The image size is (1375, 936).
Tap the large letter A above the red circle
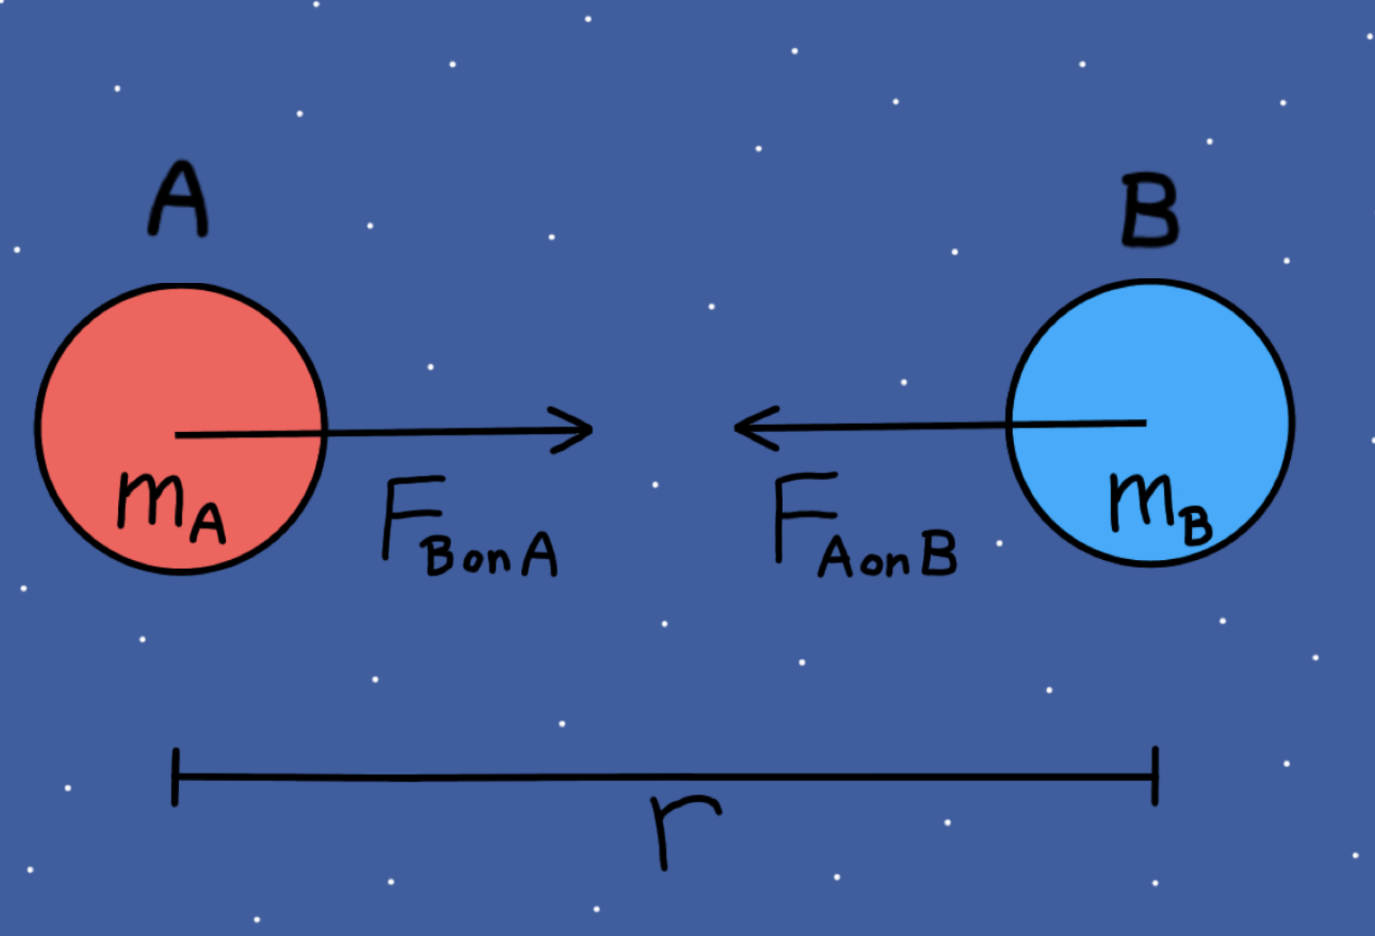click(178, 199)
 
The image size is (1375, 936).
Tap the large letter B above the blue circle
click(1150, 210)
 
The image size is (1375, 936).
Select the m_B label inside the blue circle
click(1161, 510)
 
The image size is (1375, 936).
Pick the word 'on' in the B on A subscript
click(487, 559)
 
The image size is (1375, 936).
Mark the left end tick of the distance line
click(175, 777)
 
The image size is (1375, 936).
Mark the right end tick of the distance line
click(1155, 776)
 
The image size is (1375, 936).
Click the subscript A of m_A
click(208, 524)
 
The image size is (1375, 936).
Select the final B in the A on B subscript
click(939, 553)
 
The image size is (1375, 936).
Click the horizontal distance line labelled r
click(664, 777)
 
